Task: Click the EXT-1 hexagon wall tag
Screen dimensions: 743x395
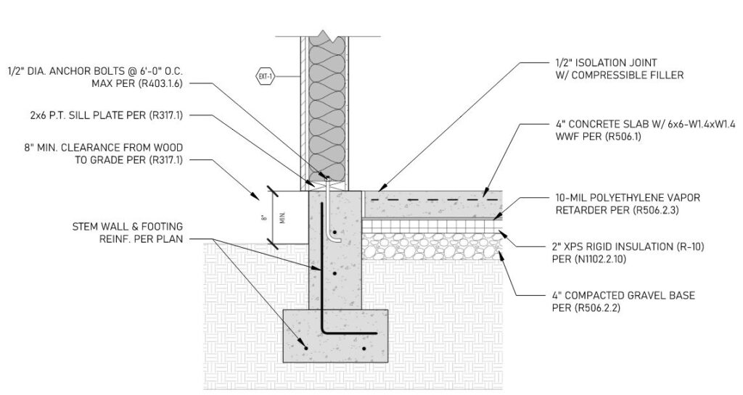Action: pos(266,77)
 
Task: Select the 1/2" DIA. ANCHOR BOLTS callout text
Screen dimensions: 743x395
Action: pos(95,78)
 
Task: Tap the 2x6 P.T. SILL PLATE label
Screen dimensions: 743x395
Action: pos(106,115)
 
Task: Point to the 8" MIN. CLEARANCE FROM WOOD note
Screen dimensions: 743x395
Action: pos(103,154)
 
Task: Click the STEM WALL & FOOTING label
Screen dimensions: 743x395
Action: pos(128,233)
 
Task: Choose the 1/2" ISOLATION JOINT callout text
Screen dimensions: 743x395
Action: pos(620,69)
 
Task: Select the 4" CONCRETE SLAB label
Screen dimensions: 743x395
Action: pos(645,130)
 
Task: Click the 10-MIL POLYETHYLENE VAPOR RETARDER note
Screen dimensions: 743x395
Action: pos(628,204)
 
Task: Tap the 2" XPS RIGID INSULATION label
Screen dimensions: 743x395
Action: pos(628,253)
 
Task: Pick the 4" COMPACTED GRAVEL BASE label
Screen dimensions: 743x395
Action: pos(623,302)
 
